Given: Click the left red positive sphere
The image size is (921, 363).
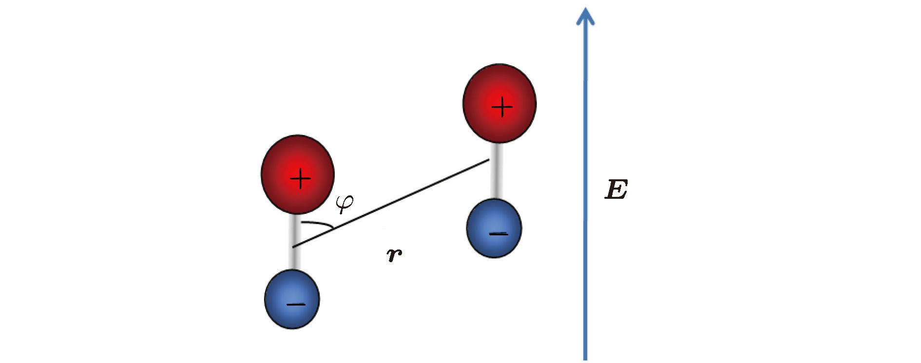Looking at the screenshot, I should click(298, 174).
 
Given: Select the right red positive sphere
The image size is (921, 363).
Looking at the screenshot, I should click(499, 103).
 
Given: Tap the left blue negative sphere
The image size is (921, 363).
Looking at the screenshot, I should click(292, 299).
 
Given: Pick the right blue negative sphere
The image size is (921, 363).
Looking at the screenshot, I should click(494, 228).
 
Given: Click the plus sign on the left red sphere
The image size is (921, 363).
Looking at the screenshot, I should click(300, 179).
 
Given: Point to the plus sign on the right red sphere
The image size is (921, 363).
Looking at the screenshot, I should click(502, 107).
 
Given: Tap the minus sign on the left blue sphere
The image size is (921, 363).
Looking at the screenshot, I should click(296, 305).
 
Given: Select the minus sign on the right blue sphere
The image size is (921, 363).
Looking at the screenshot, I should click(499, 234).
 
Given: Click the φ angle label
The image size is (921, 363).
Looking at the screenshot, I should click(345, 203).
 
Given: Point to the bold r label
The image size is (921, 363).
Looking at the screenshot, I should click(394, 254).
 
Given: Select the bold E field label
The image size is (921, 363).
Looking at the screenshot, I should click(616, 190).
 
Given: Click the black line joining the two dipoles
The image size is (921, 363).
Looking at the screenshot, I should click(390, 204).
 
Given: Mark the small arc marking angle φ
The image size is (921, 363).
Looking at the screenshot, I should click(320, 224).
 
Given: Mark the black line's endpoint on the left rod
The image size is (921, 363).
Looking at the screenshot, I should click(293, 247).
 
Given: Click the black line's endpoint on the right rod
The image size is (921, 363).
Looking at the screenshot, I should click(489, 160).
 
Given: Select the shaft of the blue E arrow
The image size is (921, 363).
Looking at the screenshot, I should click(585, 195).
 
